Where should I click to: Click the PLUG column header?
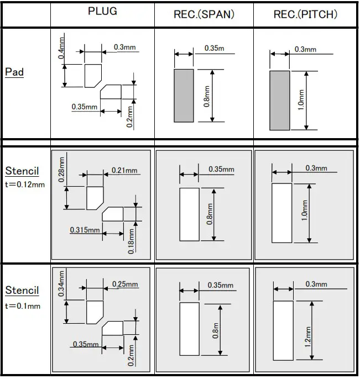(x=103, y=12)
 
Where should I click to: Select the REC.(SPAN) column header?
(x=204, y=15)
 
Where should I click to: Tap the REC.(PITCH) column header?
(x=305, y=15)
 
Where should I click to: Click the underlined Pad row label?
(x=14, y=72)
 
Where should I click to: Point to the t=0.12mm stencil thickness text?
(x=25, y=185)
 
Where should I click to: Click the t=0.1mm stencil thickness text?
(x=23, y=306)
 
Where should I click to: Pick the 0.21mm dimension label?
(x=124, y=171)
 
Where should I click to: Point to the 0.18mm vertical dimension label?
(x=132, y=241)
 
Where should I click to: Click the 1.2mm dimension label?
(x=308, y=335)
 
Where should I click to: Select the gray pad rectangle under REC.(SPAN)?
(x=184, y=95)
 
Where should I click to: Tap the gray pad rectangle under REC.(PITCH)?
(x=279, y=100)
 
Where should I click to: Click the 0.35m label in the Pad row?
(x=214, y=49)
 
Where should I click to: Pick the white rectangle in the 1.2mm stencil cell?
(x=283, y=330)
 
